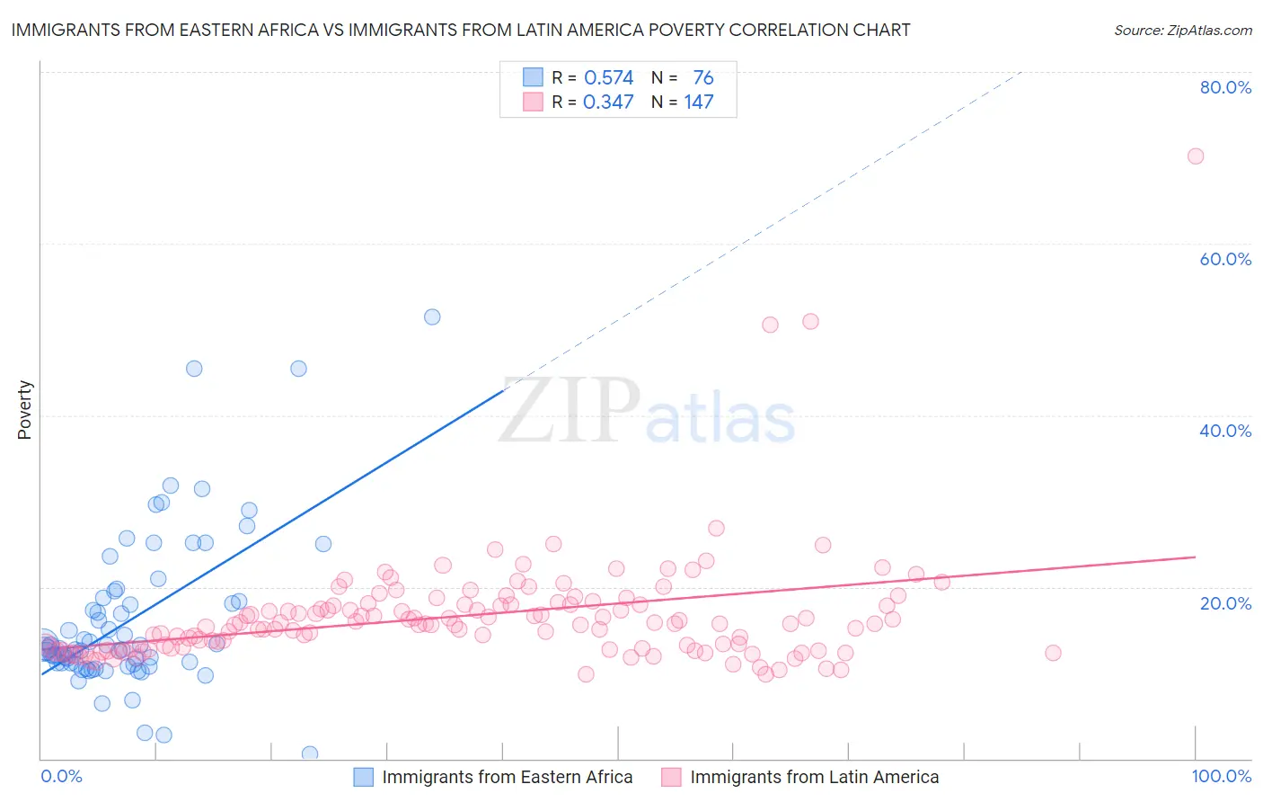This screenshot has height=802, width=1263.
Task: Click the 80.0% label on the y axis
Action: [x=1225, y=87]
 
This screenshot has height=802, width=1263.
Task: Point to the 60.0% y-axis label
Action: [x=1225, y=259]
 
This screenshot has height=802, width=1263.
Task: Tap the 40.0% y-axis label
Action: [x=1225, y=431]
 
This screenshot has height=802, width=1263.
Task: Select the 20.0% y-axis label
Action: [x=1225, y=603]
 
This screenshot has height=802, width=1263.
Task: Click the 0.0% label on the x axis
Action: [x=61, y=776]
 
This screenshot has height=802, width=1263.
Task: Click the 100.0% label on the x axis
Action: [x=1221, y=776]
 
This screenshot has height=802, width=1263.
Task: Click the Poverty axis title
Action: [x=24, y=410]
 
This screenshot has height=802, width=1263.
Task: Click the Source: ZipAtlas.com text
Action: [x=1182, y=30]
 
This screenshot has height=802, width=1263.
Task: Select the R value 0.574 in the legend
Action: [x=608, y=78]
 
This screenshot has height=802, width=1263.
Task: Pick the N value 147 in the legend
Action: [x=699, y=102]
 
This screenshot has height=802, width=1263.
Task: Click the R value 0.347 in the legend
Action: [x=608, y=102]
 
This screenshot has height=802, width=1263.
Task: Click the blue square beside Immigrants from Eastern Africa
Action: [x=363, y=777]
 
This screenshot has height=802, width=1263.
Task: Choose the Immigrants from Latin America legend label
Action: [x=814, y=777]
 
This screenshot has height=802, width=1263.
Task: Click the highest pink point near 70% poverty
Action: [x=1195, y=156]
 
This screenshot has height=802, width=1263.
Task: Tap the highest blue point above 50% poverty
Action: [x=432, y=316]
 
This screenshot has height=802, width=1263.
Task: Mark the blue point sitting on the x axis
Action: [x=309, y=753]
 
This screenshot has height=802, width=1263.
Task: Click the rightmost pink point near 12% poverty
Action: [x=1053, y=653]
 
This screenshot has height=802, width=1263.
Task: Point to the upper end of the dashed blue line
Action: [x=1022, y=72]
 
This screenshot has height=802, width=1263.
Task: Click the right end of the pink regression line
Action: [x=1195, y=557]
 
